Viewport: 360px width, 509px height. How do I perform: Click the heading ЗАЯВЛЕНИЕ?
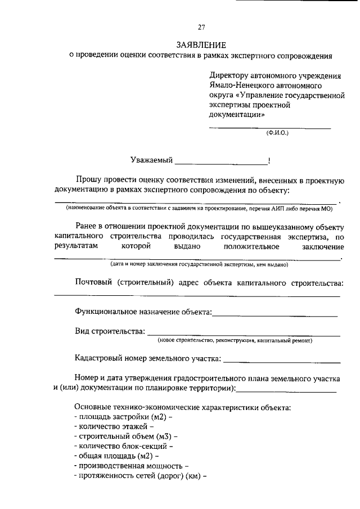tap(201, 44)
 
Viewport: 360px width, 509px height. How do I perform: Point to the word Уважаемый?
tap(151, 161)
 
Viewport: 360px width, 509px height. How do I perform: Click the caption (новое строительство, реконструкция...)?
tap(235, 340)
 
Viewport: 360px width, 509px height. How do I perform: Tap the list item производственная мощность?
tap(130, 466)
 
